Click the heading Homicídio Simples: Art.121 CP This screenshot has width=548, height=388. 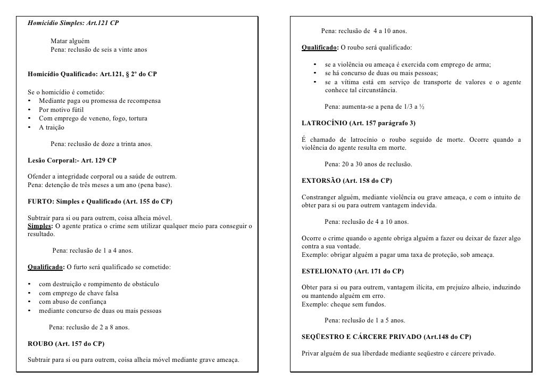click(x=73, y=25)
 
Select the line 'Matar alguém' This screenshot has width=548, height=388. click(x=70, y=41)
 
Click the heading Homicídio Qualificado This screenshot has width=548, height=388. click(x=92, y=73)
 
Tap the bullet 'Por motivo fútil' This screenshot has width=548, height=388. click(x=61, y=109)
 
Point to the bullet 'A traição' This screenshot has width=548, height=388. click(x=52, y=127)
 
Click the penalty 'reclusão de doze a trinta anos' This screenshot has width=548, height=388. click(x=101, y=144)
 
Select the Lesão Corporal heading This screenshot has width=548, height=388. click(x=72, y=160)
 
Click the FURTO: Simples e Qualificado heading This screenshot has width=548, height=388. click(x=99, y=201)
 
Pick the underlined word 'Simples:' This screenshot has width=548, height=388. click(x=40, y=226)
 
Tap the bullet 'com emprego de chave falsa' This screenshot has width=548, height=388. click(x=78, y=293)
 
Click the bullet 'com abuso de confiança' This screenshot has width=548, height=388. click(x=72, y=302)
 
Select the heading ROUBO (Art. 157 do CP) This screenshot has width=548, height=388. click(x=65, y=343)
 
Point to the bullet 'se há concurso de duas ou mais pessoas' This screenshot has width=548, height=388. click(x=381, y=73)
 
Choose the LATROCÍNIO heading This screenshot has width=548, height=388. click(x=359, y=123)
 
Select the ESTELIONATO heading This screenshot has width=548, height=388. click(x=353, y=271)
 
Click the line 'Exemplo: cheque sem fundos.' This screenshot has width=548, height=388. click(x=344, y=304)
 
